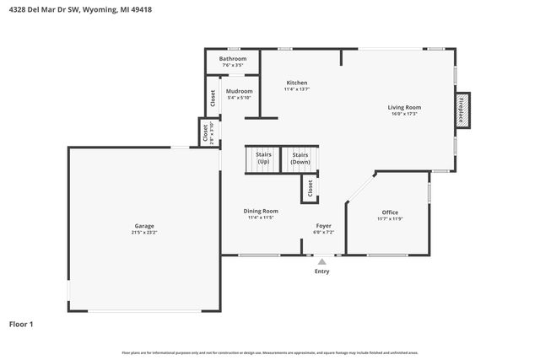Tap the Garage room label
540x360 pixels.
click(x=144, y=226)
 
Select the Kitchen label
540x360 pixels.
click(x=296, y=83)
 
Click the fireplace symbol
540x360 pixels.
click(x=462, y=110)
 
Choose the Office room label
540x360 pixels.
click(x=389, y=212)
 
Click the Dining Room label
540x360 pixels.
click(x=261, y=211)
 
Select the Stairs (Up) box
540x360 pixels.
click(x=262, y=158)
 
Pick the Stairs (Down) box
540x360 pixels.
click(x=300, y=158)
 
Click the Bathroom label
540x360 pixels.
click(x=234, y=58)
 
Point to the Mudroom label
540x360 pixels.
click(x=239, y=91)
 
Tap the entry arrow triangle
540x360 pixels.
click(x=321, y=262)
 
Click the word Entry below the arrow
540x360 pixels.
click(x=321, y=271)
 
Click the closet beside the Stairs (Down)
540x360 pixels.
click(x=310, y=189)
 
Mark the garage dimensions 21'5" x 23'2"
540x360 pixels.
click(x=144, y=233)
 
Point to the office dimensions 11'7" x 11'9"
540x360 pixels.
click(x=389, y=219)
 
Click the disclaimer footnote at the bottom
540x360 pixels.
click(x=269, y=352)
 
